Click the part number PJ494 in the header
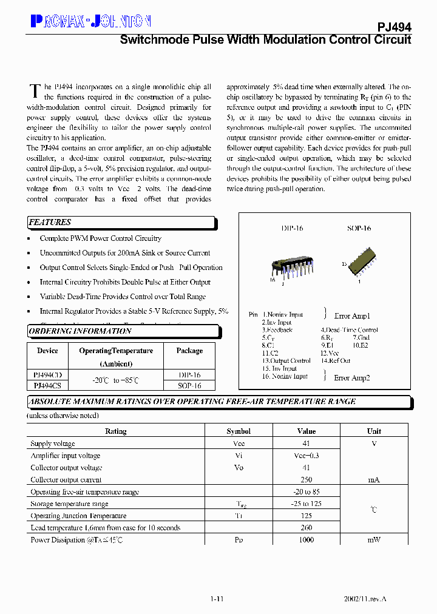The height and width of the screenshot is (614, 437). (395, 28)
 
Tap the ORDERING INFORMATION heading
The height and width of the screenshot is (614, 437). (80, 331)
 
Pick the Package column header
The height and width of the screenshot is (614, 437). (189, 351)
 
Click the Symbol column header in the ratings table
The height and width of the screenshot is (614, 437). (239, 431)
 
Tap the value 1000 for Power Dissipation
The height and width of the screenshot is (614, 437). (306, 540)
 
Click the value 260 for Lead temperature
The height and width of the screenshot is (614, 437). (306, 528)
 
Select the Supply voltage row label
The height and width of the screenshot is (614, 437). (53, 444)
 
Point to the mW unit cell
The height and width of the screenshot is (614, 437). (374, 540)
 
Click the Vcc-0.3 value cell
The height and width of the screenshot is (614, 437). (306, 456)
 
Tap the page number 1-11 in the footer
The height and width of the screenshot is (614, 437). (217, 599)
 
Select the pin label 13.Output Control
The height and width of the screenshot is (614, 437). (286, 360)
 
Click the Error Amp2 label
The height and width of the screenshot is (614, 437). (352, 377)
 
